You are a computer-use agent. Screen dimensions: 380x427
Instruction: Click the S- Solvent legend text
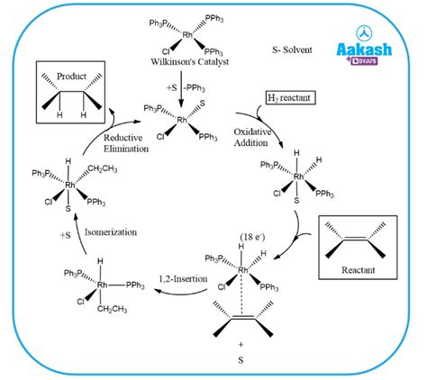[x=292, y=50]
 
